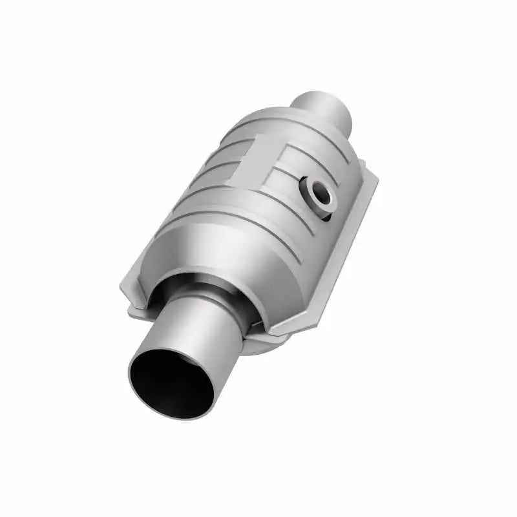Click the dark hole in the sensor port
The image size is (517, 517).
point(318,192)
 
